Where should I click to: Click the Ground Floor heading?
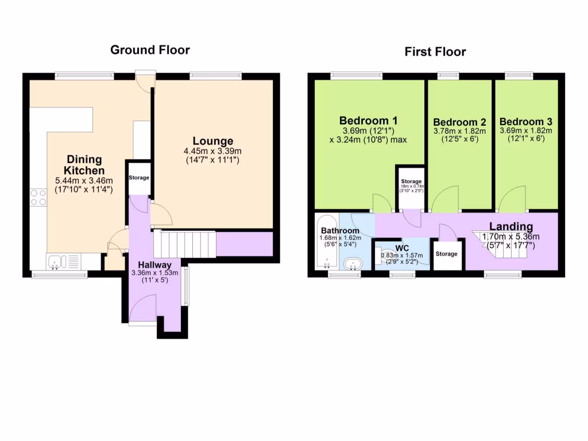[x=149, y=50]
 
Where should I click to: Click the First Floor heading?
[x=435, y=52]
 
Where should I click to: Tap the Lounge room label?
[x=212, y=141]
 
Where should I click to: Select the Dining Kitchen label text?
[x=84, y=165]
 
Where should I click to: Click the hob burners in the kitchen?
[x=38, y=198]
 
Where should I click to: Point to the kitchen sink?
[x=56, y=262]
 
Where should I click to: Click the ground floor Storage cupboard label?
[x=139, y=178]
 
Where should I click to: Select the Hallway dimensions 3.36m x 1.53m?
[x=154, y=273]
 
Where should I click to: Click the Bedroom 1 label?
[x=368, y=121]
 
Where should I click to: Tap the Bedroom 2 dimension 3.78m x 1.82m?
[x=459, y=131]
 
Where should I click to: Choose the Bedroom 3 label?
[x=525, y=122]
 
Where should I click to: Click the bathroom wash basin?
[x=353, y=264]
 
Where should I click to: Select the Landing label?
[x=510, y=227]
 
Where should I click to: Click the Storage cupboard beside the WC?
[x=447, y=253]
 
